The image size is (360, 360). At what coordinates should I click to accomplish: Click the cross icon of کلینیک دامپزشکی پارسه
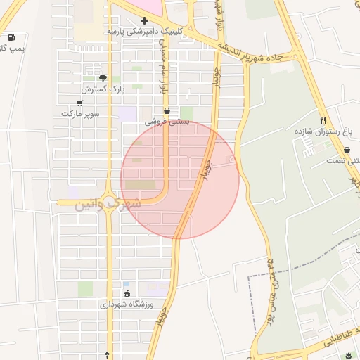point(144,20)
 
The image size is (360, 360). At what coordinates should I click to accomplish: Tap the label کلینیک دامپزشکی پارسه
point(145,32)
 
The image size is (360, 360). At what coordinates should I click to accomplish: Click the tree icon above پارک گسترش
point(103,78)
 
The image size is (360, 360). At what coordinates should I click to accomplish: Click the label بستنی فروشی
point(167,122)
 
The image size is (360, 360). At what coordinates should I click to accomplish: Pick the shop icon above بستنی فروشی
point(167,110)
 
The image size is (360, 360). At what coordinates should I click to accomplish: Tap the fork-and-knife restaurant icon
point(323,120)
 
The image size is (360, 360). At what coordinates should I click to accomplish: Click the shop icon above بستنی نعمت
point(347,150)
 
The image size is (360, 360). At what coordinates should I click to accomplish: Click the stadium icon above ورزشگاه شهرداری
point(127,294)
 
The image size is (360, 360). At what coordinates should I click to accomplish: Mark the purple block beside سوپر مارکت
point(127,112)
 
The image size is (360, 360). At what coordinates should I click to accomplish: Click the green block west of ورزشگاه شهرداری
point(85,288)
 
